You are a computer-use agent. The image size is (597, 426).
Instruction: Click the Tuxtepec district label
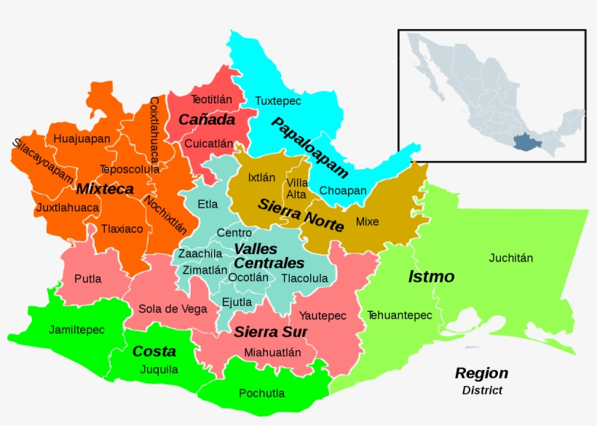[x=277, y=100]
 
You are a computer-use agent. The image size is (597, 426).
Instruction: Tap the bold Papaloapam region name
[x=309, y=147]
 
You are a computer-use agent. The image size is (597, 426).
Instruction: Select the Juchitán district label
[x=510, y=258]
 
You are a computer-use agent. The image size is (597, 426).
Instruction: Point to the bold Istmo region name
[x=431, y=277]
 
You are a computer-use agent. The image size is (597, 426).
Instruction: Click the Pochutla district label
[x=261, y=393]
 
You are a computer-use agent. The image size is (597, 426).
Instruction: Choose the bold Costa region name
[x=154, y=351]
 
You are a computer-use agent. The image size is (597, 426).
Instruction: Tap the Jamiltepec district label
[x=76, y=330]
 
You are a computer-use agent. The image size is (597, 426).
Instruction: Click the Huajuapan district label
[x=82, y=138]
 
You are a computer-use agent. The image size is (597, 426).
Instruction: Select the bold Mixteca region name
[x=105, y=189]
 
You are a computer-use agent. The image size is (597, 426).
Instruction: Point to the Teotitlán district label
[x=211, y=99]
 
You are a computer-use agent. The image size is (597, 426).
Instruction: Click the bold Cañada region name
[x=207, y=119]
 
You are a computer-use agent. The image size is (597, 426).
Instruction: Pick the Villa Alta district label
[x=296, y=188]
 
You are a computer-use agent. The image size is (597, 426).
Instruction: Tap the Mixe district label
[x=367, y=221]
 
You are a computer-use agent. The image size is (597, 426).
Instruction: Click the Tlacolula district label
[x=304, y=278]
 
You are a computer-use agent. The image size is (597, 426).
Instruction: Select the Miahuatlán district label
[x=272, y=352]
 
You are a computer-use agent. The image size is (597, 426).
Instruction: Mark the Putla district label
[x=87, y=278]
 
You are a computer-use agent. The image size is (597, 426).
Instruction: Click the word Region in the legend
[x=481, y=374]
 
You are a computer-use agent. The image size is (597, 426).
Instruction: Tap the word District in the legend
[x=482, y=390]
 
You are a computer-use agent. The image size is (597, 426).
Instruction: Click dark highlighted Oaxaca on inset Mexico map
[x=523, y=141]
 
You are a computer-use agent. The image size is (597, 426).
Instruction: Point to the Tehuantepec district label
[x=399, y=315]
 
